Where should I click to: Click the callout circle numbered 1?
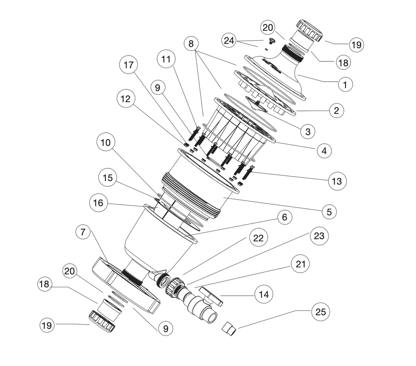[x=345, y=84]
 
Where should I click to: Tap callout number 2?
[x=336, y=110]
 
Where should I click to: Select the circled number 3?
[x=308, y=132]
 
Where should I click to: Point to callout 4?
[x=324, y=151]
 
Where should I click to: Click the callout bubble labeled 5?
[x=329, y=211]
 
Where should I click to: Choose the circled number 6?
[x=284, y=218]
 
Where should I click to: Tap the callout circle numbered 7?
[x=83, y=233]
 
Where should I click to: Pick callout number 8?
[x=191, y=44]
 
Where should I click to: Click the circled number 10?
[x=106, y=143]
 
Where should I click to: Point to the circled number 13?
[x=337, y=181]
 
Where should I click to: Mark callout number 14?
[x=264, y=294]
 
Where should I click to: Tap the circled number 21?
[x=301, y=264]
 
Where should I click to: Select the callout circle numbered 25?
[x=321, y=312]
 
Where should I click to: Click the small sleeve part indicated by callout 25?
[x=230, y=327]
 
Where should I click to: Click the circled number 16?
[x=98, y=203]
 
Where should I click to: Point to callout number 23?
[x=319, y=236]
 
